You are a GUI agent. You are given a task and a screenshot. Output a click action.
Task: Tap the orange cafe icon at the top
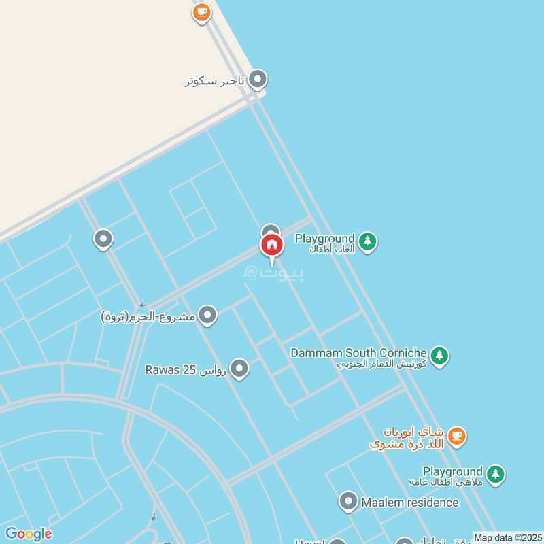(201, 12)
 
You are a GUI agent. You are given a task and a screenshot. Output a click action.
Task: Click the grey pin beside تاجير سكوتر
(257, 80)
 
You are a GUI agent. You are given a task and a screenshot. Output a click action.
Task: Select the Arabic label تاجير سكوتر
(214, 82)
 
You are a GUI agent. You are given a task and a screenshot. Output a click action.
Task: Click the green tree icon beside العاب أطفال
(368, 241)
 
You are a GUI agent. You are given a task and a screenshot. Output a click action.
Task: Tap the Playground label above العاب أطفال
(324, 239)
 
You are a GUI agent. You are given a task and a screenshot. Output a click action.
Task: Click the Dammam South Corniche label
(358, 353)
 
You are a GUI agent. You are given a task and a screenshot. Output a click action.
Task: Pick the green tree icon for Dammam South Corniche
(440, 355)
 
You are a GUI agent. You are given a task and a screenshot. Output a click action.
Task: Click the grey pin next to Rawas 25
(239, 369)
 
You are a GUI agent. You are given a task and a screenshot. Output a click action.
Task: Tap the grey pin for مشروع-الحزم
(208, 316)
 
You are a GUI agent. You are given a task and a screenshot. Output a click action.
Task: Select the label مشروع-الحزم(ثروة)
(148, 316)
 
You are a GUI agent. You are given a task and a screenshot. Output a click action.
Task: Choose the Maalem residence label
(410, 503)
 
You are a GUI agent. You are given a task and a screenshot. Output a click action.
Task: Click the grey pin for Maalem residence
(348, 503)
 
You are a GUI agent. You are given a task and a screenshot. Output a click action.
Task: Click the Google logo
(28, 534)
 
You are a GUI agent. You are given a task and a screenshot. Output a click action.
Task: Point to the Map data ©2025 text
(508, 538)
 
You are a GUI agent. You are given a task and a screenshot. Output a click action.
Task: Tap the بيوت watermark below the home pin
(274, 273)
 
